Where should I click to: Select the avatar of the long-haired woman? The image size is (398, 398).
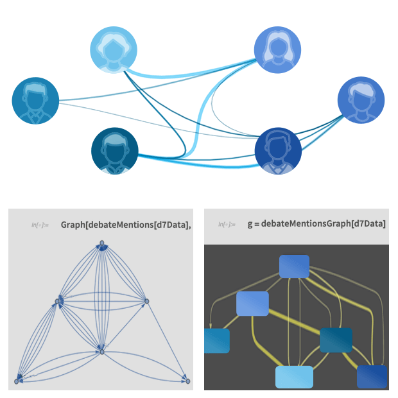(x=277, y=50)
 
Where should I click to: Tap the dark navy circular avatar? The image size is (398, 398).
(x=278, y=151)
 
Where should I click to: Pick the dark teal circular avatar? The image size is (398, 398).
(x=115, y=151)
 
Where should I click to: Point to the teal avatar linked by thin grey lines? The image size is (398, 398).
(x=35, y=101)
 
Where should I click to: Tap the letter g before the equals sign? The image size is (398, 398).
(x=250, y=224)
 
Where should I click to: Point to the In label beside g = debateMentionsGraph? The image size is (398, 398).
(x=227, y=225)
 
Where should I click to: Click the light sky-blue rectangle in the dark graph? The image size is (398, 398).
(x=294, y=377)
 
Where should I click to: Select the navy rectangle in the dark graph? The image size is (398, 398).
(x=372, y=377)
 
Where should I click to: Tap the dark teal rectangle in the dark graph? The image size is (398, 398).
(x=336, y=340)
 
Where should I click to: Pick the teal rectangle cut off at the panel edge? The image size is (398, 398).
(x=216, y=340)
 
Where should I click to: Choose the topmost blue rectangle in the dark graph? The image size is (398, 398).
(x=295, y=266)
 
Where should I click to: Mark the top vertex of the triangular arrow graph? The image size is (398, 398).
(x=101, y=244)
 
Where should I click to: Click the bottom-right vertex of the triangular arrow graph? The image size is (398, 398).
(x=188, y=381)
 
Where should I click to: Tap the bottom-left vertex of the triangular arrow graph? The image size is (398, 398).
(x=17, y=381)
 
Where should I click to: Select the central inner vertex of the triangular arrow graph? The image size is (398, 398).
(x=101, y=351)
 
